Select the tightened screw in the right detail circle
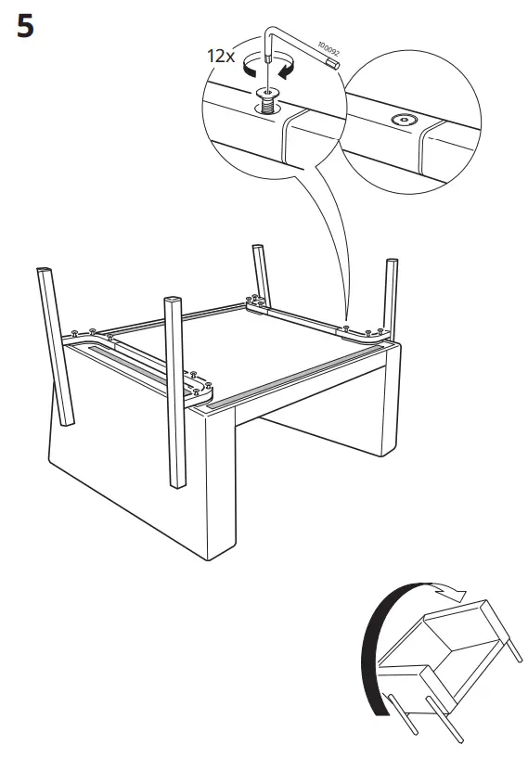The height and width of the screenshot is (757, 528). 404,120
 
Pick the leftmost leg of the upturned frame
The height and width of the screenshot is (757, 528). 54,343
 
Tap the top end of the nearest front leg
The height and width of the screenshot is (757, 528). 174,302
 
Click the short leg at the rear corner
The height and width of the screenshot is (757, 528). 256,269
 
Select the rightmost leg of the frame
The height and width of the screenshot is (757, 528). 391,297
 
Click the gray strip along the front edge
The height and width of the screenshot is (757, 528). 297,380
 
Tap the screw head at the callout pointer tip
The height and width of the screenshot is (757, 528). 346,327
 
